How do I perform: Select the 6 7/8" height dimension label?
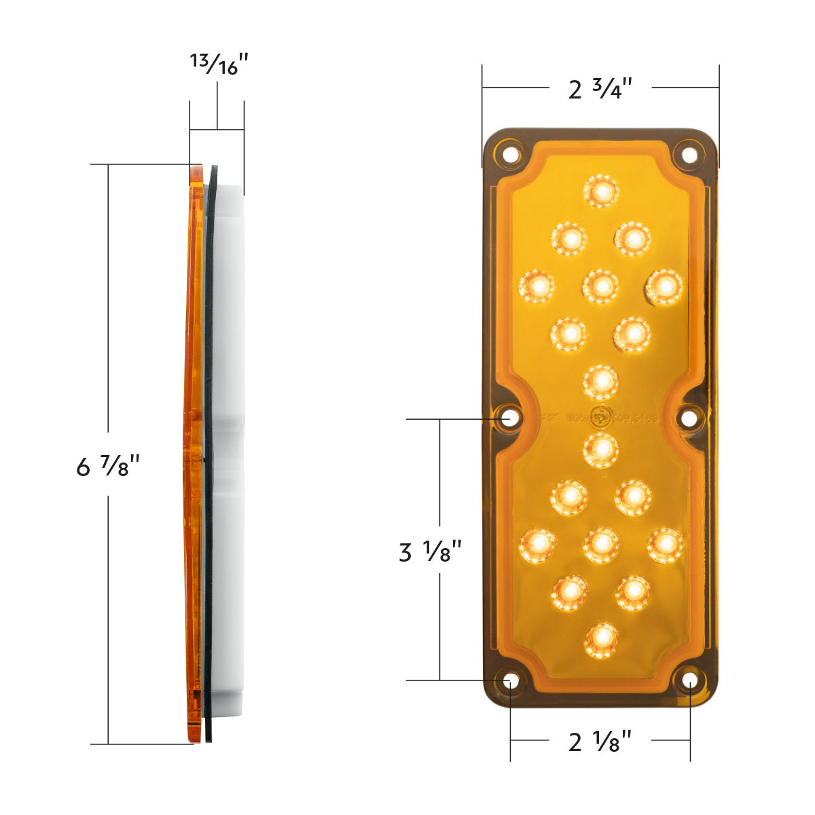pyautogui.click(x=108, y=466)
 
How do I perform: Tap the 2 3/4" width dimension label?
pyautogui.click(x=600, y=88)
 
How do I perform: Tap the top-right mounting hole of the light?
pyautogui.click(x=689, y=154)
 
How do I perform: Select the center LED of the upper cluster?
pyautogui.click(x=600, y=286)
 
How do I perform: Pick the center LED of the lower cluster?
pyautogui.click(x=601, y=543)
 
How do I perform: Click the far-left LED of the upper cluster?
pyautogui.click(x=537, y=286)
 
